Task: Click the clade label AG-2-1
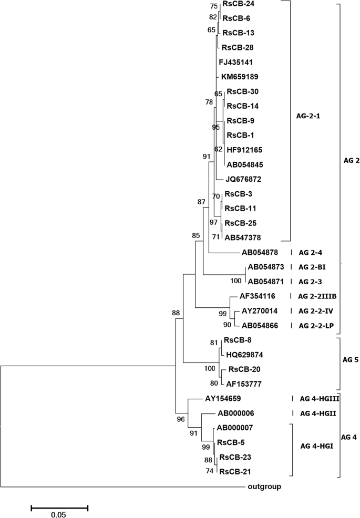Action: pyautogui.click(x=310, y=115)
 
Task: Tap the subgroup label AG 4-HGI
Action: pyautogui.click(x=316, y=447)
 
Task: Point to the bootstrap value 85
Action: pyautogui.click(x=196, y=235)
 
